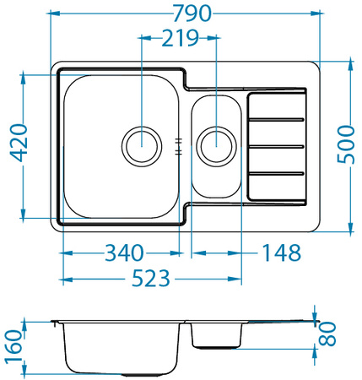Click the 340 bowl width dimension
click(x=122, y=252)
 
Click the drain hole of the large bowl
click(x=141, y=145)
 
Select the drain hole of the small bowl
click(x=216, y=145)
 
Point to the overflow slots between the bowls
click(x=179, y=145)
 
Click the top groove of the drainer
click(x=276, y=119)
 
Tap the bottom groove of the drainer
click(x=276, y=173)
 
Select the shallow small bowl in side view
click(x=218, y=335)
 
